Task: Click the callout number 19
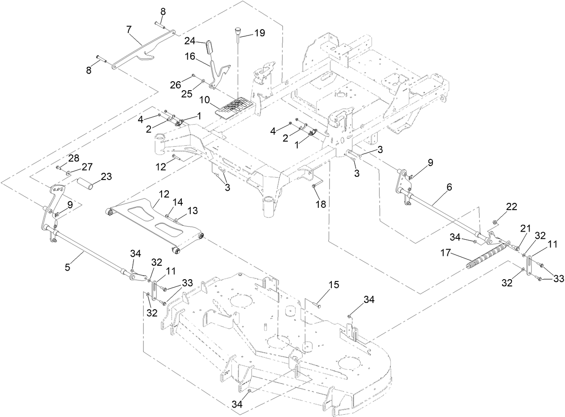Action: pos(259,33)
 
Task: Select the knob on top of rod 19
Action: pos(237,31)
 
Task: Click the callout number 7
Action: pos(129,30)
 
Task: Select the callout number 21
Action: pos(525,229)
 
